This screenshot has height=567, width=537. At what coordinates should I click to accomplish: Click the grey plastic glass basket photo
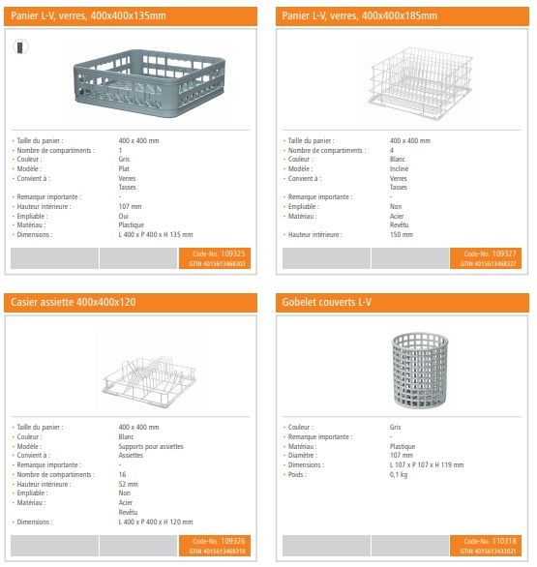134,82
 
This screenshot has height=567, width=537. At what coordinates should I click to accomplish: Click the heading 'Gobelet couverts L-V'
326,302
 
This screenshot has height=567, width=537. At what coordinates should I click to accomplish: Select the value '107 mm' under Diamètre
401,456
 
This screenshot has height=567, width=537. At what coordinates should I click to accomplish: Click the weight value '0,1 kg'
399,474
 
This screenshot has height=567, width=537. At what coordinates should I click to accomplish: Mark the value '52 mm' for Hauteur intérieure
129,484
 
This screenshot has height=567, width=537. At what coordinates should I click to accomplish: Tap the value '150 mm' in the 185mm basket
401,234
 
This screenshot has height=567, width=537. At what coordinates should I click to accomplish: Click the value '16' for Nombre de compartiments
122,474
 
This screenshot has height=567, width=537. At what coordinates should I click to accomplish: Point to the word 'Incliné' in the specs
401,168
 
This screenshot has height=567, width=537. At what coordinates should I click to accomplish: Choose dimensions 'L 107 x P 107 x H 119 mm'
427,464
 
